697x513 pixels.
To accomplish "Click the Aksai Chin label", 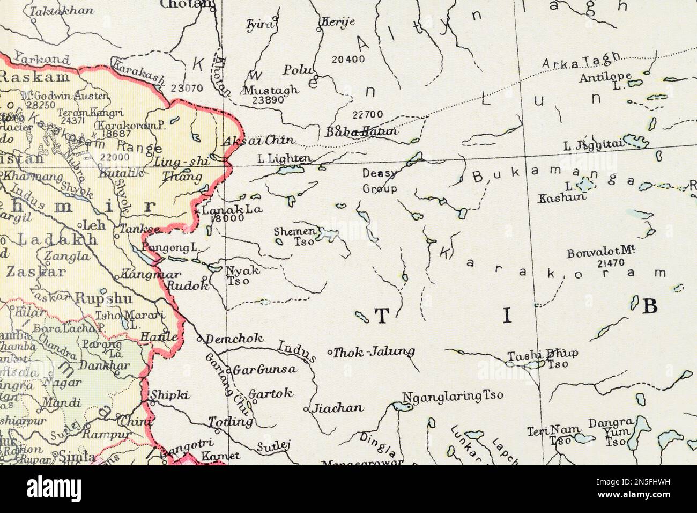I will (257, 141).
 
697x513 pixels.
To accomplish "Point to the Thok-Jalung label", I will (374, 353).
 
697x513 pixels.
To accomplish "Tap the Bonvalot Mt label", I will (601, 252).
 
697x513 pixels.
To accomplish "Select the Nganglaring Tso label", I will (453, 396).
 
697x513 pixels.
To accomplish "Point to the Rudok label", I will (187, 286).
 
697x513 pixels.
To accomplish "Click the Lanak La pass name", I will (232, 209).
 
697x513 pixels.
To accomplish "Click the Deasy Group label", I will (380, 181).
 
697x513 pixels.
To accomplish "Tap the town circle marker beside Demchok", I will (199, 339).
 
